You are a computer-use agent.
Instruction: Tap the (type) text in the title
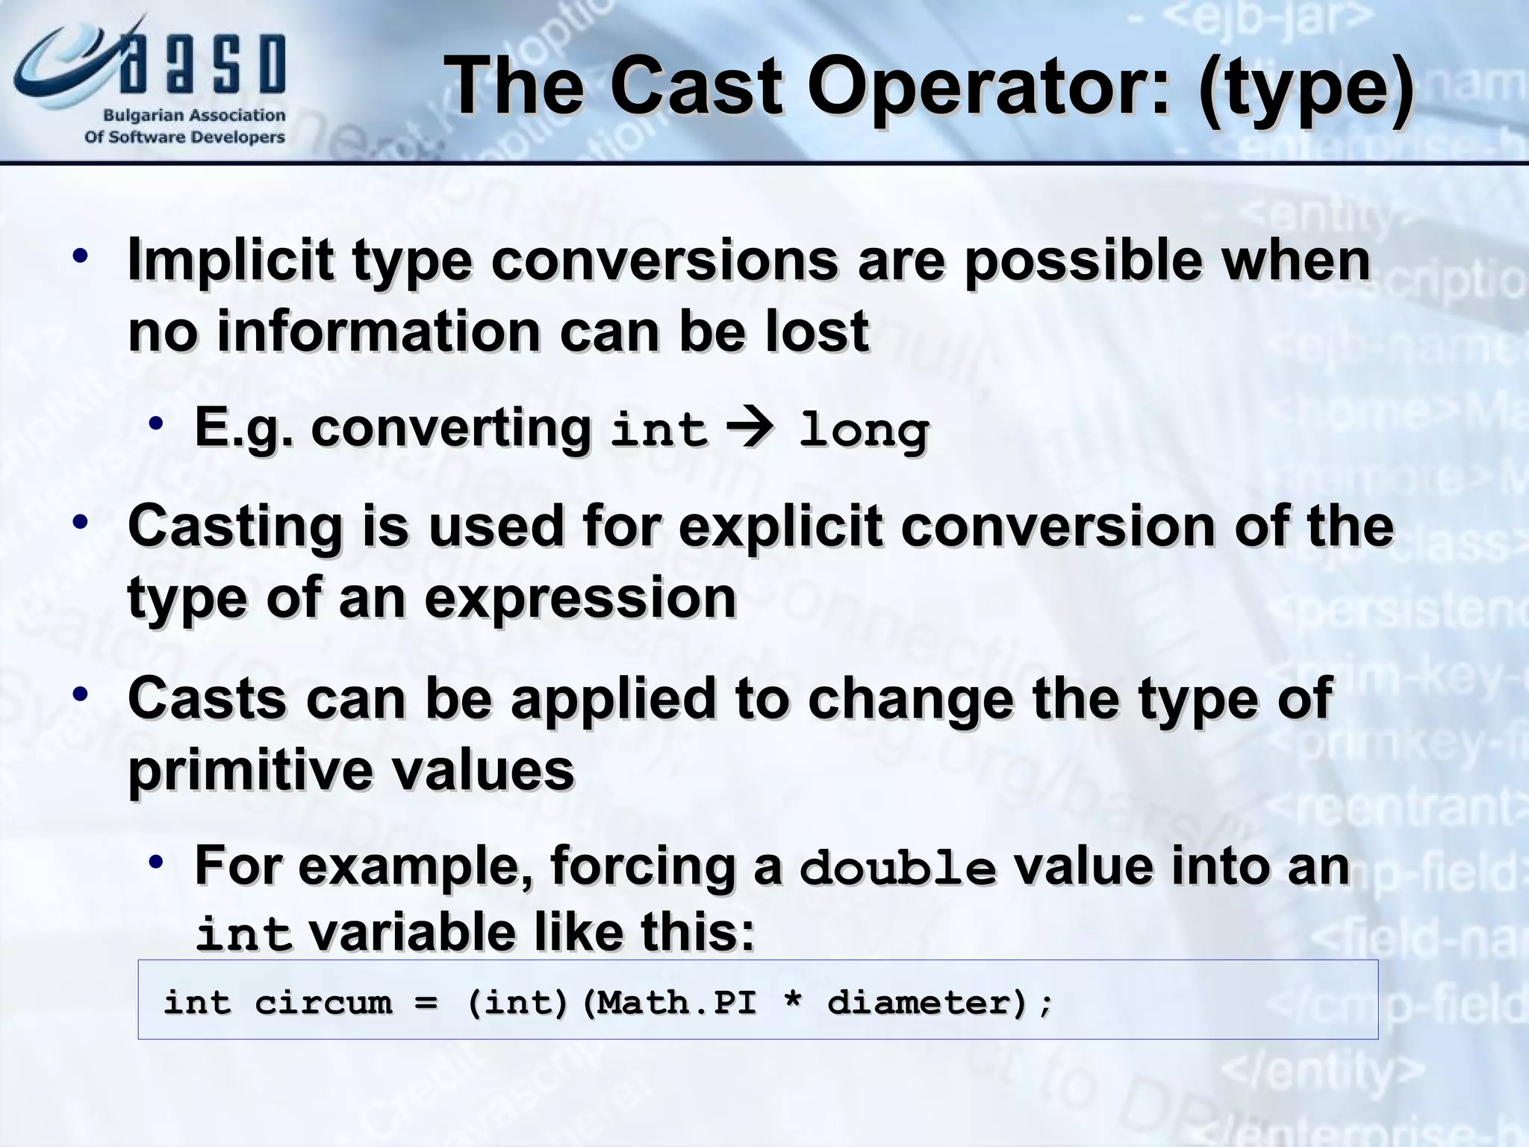point(1306,88)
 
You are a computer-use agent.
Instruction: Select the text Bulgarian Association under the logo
point(194,116)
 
